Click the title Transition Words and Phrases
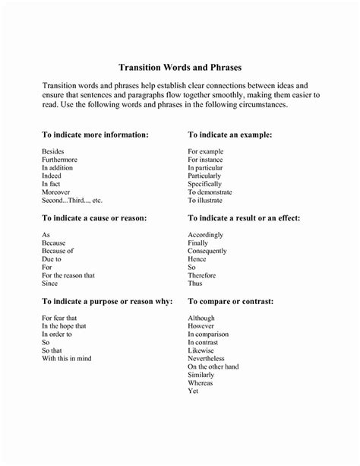click(180, 67)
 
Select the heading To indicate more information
click(95, 134)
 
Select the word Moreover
click(56, 193)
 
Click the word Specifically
click(205, 183)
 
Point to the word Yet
click(194, 392)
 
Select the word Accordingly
click(207, 235)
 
